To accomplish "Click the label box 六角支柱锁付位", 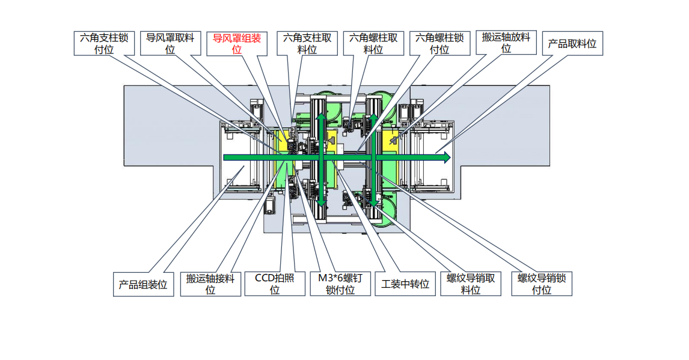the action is click(x=104, y=43).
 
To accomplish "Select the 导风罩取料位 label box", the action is click(x=171, y=43).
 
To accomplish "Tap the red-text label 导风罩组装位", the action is click(x=237, y=43).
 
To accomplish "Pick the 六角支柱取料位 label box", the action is click(x=307, y=43).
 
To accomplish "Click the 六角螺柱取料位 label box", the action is click(x=373, y=43).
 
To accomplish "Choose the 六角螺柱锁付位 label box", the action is click(x=440, y=43).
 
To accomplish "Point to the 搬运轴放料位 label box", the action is click(x=506, y=43).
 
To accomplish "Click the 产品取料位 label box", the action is click(x=572, y=43).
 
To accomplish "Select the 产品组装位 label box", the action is click(x=143, y=284).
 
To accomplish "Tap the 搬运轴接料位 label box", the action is click(x=210, y=284).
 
